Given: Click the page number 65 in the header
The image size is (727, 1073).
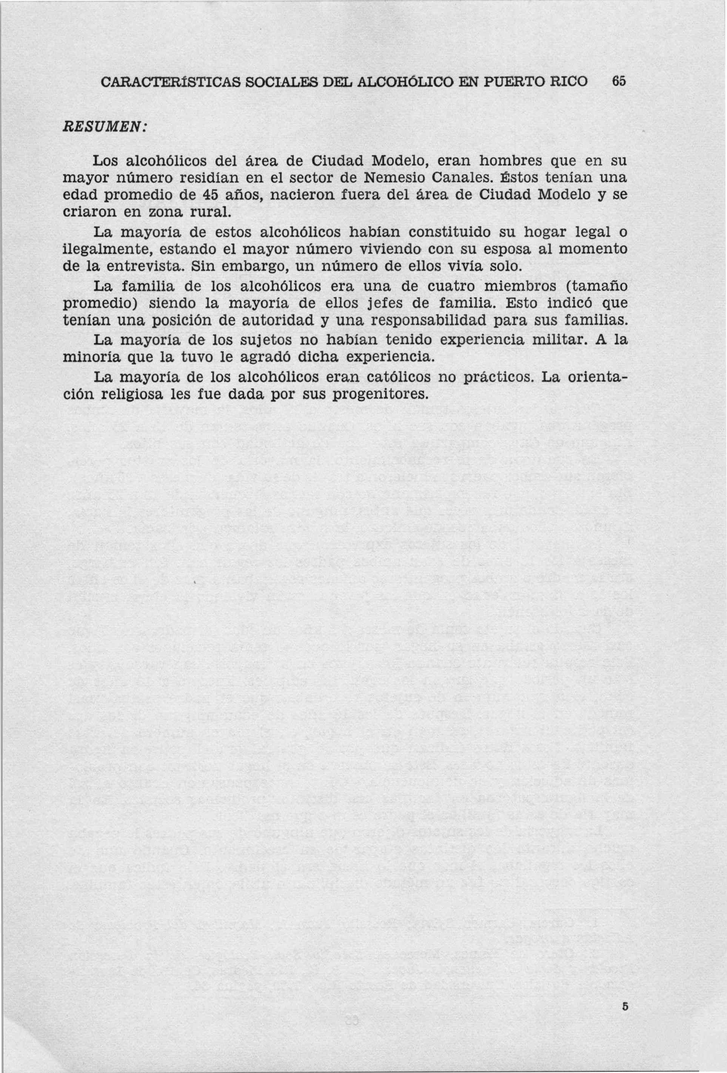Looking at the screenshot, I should click(x=618, y=81).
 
